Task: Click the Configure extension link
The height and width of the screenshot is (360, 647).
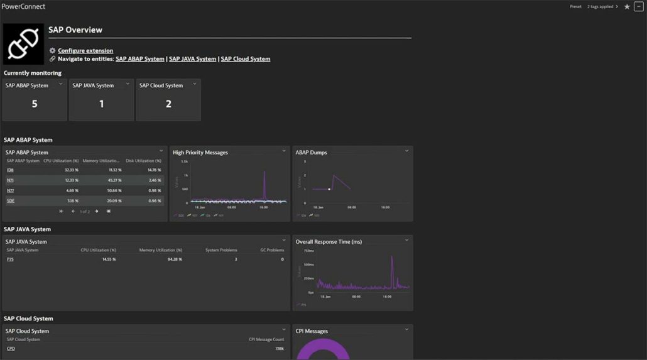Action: point(85,50)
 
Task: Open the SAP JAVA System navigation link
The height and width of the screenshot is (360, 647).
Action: point(192,59)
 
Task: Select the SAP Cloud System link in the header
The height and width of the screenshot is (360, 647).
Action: point(245,59)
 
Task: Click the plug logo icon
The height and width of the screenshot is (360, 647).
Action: point(23,44)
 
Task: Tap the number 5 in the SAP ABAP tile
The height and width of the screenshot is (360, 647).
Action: point(35,104)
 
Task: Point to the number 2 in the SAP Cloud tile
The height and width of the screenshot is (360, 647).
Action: point(168,104)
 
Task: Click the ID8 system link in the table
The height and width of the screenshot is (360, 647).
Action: point(10,170)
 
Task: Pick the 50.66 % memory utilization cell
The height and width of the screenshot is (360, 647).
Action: point(114,190)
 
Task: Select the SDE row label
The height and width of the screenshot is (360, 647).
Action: point(11,201)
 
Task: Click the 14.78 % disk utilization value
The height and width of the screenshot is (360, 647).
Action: point(154,170)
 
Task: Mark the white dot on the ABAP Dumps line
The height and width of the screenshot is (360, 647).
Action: point(329,189)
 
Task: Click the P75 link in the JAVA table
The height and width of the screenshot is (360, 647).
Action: point(10,259)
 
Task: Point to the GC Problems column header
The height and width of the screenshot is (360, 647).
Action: point(272,250)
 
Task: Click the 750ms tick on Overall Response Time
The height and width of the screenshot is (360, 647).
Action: point(308,251)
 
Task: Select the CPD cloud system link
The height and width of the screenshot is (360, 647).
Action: point(11,349)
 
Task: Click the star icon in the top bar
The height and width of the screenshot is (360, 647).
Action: point(627,7)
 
